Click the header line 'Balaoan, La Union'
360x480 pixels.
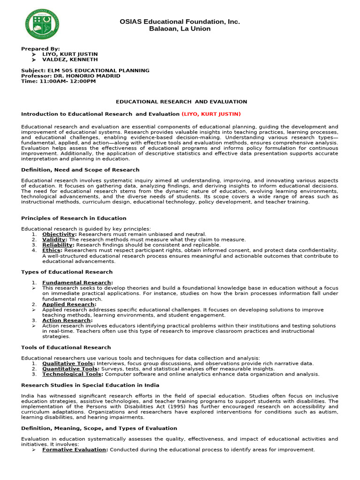(x=180, y=29)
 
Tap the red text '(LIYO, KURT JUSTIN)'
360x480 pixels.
(x=211, y=114)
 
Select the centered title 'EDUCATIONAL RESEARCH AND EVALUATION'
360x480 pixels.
(x=181, y=102)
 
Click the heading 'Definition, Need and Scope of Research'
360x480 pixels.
(x=80, y=170)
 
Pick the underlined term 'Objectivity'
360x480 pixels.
(x=59, y=234)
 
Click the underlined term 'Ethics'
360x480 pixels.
(x=51, y=250)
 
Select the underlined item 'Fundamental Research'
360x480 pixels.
(x=77, y=283)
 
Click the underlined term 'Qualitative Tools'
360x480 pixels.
(x=68, y=363)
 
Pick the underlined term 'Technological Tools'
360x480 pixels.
(x=72, y=374)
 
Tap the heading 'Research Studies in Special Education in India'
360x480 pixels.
(x=90, y=385)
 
